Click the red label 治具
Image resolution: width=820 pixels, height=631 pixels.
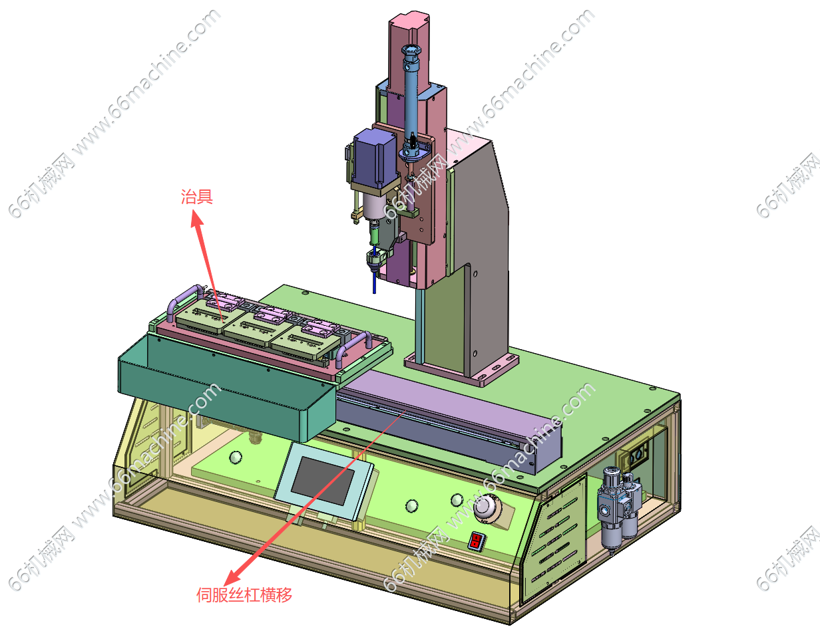(x=196, y=196)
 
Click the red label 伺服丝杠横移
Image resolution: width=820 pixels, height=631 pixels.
(x=244, y=595)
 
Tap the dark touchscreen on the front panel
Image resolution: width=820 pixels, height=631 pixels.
(x=323, y=481)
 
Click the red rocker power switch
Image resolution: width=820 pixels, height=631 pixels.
(x=477, y=541)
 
